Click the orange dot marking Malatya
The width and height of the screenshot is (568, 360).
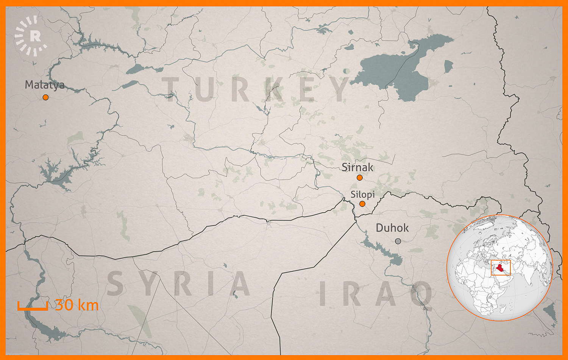(x=45, y=97)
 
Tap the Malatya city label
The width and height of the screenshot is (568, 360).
(x=44, y=85)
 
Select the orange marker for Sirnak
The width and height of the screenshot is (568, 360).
(x=359, y=178)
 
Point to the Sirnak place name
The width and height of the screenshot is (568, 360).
(x=357, y=167)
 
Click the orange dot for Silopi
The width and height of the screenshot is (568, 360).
(x=362, y=204)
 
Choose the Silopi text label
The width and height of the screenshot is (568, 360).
(x=362, y=195)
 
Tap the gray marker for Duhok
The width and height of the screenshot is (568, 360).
(x=398, y=241)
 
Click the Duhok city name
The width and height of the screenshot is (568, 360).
(x=392, y=228)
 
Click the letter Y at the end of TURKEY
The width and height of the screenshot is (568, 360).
(x=341, y=89)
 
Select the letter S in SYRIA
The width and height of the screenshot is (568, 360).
(x=115, y=283)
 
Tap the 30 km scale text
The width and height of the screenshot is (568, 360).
(x=77, y=305)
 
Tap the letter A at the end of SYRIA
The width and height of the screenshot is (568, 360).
(x=240, y=283)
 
